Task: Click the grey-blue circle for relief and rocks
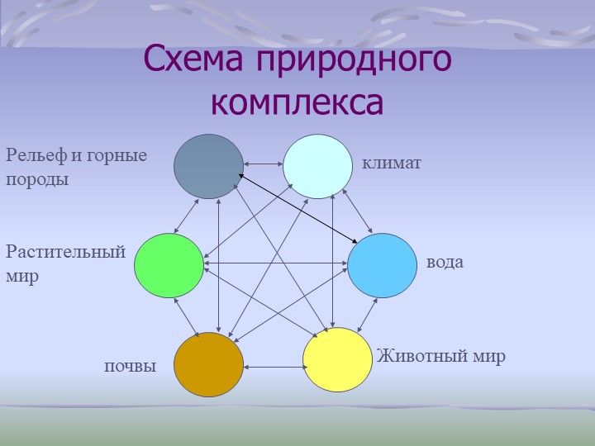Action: click(x=208, y=165)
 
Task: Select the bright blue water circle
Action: click(x=381, y=264)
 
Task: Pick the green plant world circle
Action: click(x=169, y=265)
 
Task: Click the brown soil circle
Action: click(x=208, y=364)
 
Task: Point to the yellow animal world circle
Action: click(x=337, y=360)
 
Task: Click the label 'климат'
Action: click(x=392, y=164)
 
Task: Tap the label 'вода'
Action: click(x=445, y=263)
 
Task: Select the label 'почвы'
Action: click(x=130, y=365)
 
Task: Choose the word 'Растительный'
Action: click(x=65, y=252)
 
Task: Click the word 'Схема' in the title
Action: click(x=195, y=59)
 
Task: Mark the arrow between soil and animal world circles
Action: click(x=273, y=366)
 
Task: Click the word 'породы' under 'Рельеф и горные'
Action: click(x=37, y=178)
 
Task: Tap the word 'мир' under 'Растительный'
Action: click(x=22, y=277)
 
